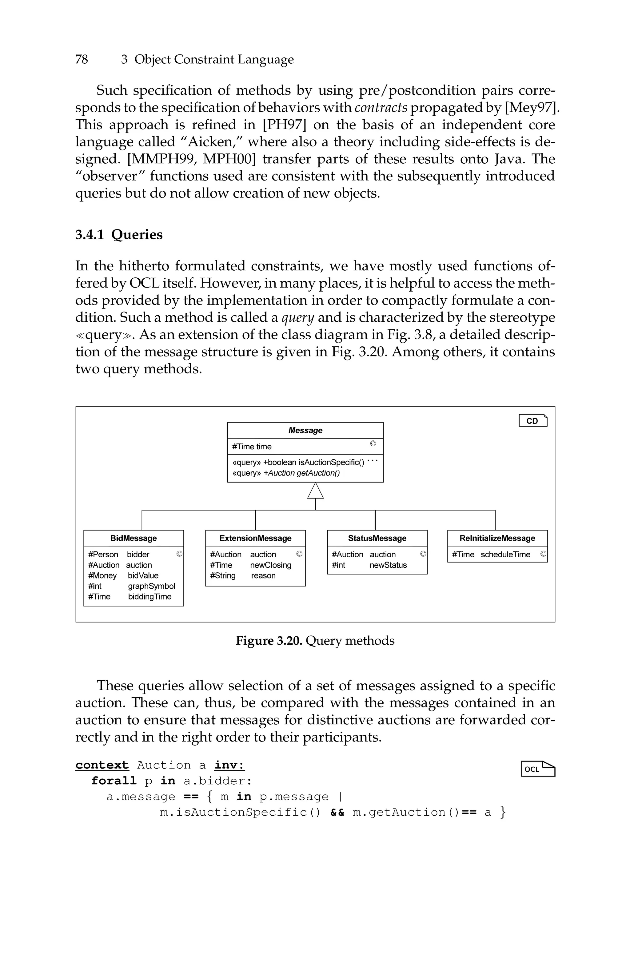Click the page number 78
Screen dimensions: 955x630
click(82, 59)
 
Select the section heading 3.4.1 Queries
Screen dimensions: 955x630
click(119, 235)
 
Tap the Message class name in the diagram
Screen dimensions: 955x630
click(305, 431)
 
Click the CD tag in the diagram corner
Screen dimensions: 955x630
click(533, 421)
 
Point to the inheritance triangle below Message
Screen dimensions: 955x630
click(315, 491)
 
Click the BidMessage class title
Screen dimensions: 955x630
click(134, 538)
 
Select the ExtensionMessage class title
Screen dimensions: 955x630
click(256, 538)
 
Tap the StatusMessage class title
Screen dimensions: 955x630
click(377, 538)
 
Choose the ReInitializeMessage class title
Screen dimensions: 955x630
click(497, 538)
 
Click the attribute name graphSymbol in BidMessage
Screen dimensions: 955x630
click(151, 586)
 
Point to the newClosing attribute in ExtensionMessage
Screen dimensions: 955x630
click(270, 565)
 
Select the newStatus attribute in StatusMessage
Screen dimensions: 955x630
click(388, 565)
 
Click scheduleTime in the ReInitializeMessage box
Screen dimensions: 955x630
click(505, 555)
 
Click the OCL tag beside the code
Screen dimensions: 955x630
click(538, 769)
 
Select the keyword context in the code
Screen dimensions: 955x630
click(102, 765)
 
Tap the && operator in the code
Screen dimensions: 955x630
click(337, 812)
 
